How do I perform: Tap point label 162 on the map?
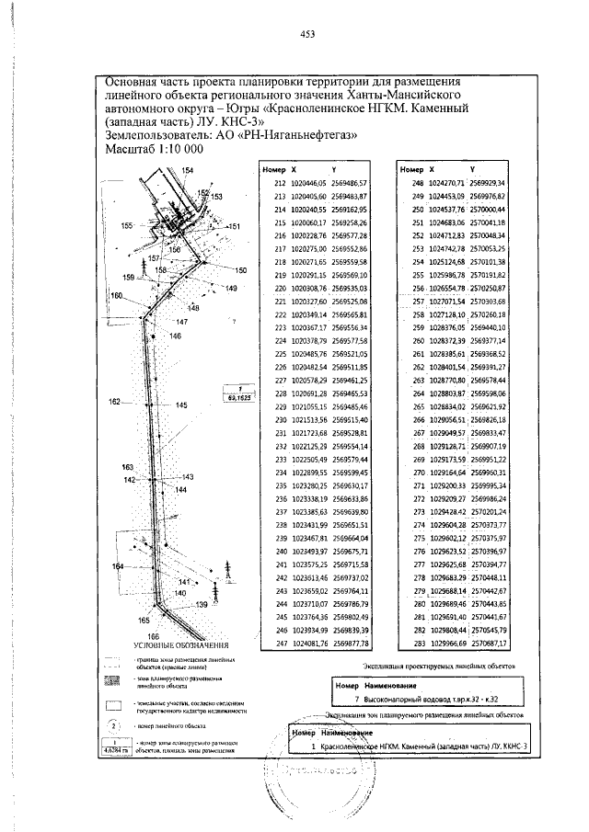114,402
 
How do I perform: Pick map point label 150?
241,270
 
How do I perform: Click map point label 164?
117,566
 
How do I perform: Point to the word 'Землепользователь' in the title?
156,134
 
